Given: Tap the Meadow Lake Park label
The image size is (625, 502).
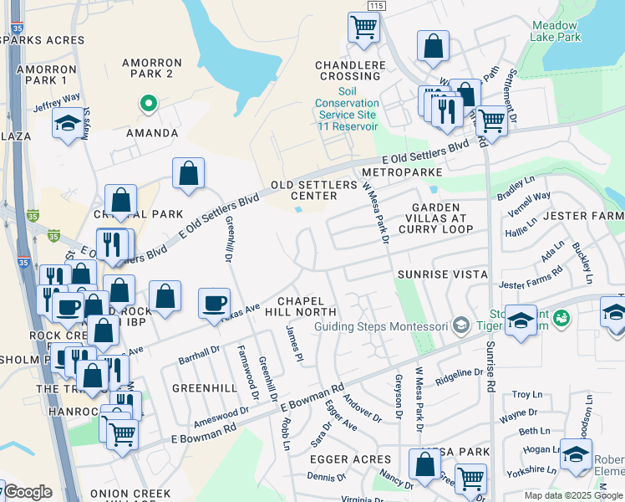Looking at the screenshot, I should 556,32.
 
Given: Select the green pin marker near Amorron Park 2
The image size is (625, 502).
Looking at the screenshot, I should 148,104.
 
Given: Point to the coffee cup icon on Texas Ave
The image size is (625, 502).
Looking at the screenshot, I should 215,303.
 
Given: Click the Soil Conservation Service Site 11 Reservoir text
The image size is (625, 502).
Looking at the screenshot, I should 347,109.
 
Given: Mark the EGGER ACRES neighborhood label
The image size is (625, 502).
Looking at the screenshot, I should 350,459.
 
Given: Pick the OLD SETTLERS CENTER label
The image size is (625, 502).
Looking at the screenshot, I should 303,191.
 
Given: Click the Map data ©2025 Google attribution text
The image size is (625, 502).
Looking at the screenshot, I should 574,495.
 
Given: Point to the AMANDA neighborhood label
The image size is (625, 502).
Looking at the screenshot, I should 152,133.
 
